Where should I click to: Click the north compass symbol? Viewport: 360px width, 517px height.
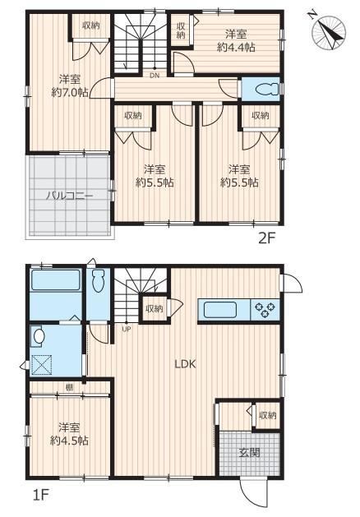point(329,33)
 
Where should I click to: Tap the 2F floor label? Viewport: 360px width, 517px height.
point(266,238)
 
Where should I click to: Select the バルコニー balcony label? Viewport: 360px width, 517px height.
point(69,196)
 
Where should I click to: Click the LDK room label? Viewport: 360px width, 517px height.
point(185,364)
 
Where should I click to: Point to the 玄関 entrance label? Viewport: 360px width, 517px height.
point(250,453)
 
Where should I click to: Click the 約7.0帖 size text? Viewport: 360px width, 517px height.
point(70,93)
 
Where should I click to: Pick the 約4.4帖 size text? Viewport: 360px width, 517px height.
point(236,48)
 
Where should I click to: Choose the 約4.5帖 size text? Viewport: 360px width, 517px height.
point(69,441)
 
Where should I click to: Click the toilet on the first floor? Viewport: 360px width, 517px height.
point(98,280)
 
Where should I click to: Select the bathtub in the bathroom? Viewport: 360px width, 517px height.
point(56,280)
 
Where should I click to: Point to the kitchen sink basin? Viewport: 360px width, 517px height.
point(220,310)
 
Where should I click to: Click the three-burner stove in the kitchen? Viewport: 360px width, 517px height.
point(265,310)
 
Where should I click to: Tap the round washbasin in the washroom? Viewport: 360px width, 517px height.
point(39,337)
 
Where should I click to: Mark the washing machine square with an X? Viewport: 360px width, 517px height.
point(42,365)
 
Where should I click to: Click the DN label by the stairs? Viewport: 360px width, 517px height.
point(155,76)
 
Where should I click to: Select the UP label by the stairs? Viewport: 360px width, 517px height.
point(127,329)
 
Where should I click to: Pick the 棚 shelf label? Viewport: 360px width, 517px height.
point(69,388)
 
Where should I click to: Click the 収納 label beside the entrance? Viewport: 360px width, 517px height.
point(267,415)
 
